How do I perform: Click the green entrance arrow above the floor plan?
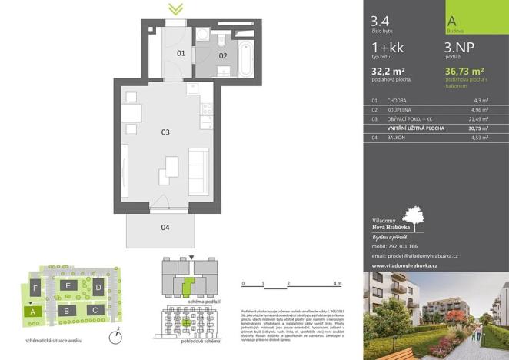[x=176, y=8]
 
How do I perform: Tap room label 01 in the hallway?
[x=181, y=54]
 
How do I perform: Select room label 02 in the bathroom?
[x=223, y=55]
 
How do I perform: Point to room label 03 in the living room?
[x=165, y=132]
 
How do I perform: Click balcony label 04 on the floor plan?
[x=165, y=227]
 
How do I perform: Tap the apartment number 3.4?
[x=379, y=22]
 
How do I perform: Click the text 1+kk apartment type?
[x=387, y=48]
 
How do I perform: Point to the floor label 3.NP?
[x=460, y=48]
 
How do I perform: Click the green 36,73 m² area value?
[x=466, y=72]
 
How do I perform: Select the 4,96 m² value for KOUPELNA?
[x=482, y=110]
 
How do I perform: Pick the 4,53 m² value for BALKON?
[x=482, y=139]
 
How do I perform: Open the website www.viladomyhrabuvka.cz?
[x=404, y=265]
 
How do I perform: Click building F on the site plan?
[x=35, y=287]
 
